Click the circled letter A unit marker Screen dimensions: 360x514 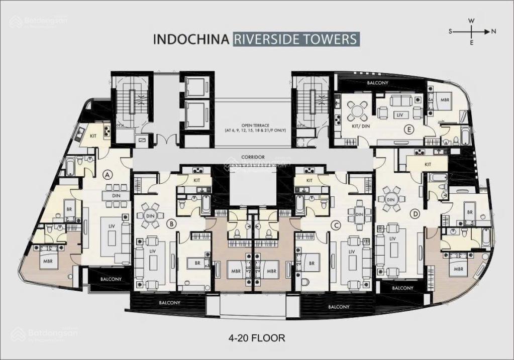107,175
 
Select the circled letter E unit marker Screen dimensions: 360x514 410,130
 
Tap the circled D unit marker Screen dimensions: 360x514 415,214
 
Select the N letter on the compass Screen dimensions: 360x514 494,31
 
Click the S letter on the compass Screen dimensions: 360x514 451,31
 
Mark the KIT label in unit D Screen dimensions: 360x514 428,164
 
